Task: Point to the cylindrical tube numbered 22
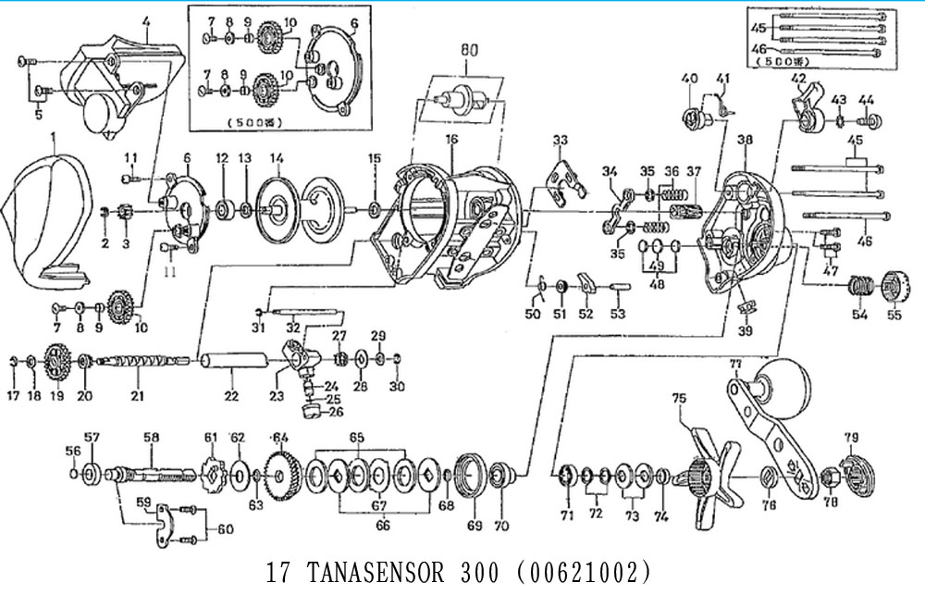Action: pyautogui.click(x=229, y=362)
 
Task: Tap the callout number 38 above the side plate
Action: pyautogui.click(x=746, y=140)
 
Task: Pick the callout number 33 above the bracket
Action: pyautogui.click(x=559, y=140)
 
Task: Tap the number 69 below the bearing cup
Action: pyautogui.click(x=475, y=526)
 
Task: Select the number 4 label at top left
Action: pyautogui.click(x=145, y=20)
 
